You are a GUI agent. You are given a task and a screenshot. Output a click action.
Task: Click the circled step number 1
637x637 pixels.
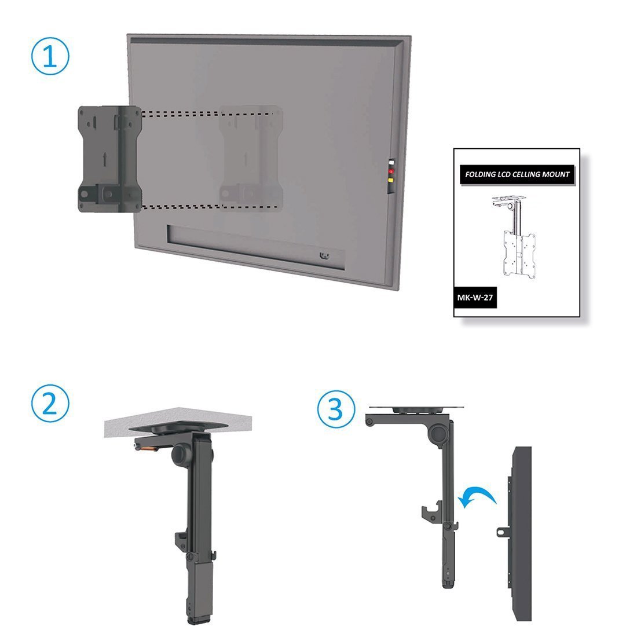[50, 56]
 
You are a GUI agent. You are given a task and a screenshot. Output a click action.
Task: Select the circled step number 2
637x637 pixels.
[50, 404]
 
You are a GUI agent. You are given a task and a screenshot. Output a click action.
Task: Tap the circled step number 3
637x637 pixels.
[335, 409]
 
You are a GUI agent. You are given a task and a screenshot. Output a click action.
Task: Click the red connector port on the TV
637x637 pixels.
[391, 171]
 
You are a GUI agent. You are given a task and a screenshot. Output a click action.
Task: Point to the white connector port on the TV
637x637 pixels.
[391, 163]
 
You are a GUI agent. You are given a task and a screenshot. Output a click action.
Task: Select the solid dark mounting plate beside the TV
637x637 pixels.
[109, 159]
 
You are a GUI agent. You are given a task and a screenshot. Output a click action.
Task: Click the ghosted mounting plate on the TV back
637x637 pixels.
[251, 159]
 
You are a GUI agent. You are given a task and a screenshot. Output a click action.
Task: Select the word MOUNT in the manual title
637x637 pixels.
[556, 174]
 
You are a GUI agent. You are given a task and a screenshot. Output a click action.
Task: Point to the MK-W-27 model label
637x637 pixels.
[475, 298]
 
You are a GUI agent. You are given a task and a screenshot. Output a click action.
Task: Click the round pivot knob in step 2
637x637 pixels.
[181, 455]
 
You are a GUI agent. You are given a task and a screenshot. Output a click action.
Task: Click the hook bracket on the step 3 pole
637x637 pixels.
[431, 511]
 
